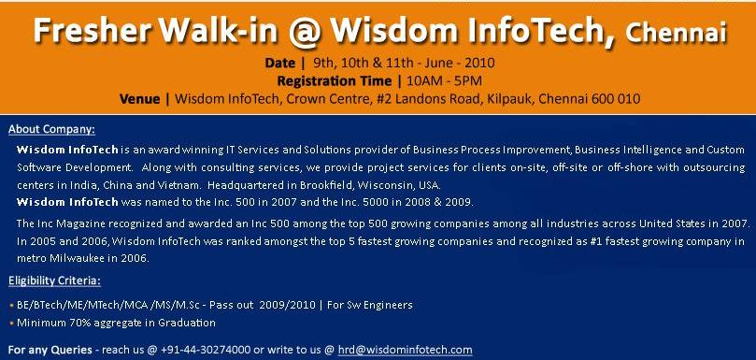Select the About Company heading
point(51,129)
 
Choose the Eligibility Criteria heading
point(55,281)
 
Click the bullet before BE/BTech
point(11,306)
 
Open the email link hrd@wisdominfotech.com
point(405,350)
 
